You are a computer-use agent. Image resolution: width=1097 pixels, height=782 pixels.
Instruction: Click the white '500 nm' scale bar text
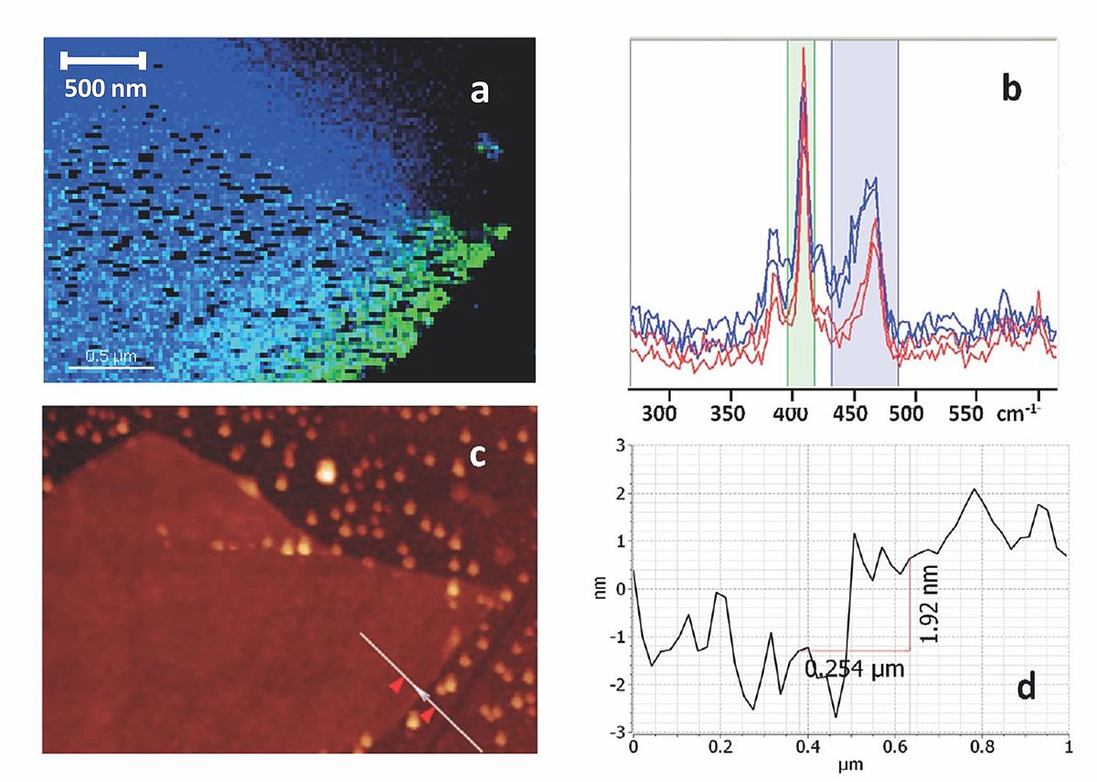pos(104,89)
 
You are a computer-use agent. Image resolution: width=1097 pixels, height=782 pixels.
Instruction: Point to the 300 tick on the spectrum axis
pos(659,413)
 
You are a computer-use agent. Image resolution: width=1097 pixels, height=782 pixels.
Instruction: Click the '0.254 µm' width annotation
pos(854,669)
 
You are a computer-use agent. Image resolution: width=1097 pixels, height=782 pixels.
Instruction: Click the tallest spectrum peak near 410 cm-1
pos(803,50)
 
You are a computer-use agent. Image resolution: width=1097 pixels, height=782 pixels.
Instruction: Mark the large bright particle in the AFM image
pos(325,471)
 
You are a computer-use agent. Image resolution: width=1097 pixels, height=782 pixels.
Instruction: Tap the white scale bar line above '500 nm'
pos(102,60)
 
